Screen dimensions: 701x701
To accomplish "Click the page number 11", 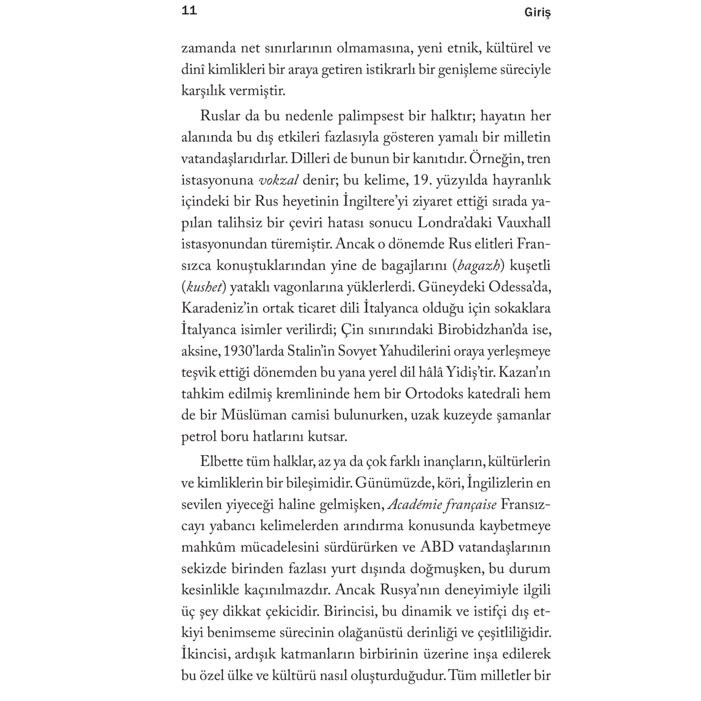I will (x=189, y=11).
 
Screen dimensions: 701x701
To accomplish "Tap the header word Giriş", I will (x=537, y=13).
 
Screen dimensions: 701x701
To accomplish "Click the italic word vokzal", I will (x=279, y=180).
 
